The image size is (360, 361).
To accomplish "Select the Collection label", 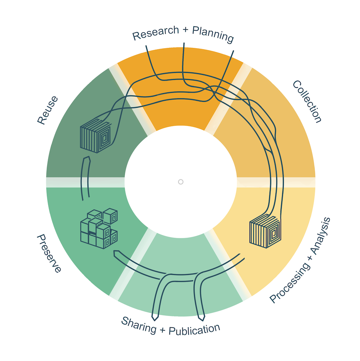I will [x=307, y=101].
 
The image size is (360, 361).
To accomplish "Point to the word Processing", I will [x=289, y=283].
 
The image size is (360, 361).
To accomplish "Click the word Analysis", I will [x=320, y=236].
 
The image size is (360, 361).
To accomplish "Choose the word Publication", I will [x=194, y=329].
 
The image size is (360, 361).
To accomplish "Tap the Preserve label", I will [x=49, y=253].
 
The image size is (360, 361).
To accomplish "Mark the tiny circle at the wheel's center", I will [x=180, y=182].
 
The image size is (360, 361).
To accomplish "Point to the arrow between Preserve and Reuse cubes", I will [x=85, y=178].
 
